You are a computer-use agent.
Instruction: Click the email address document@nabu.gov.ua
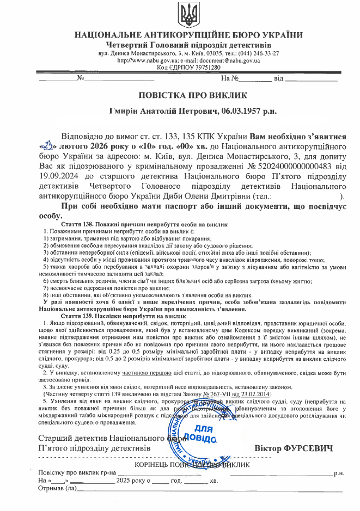(x=228, y=60)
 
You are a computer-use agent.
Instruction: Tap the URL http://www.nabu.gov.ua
(x=144, y=60)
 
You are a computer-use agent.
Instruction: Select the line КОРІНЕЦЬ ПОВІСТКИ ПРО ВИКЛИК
(x=187, y=464)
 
